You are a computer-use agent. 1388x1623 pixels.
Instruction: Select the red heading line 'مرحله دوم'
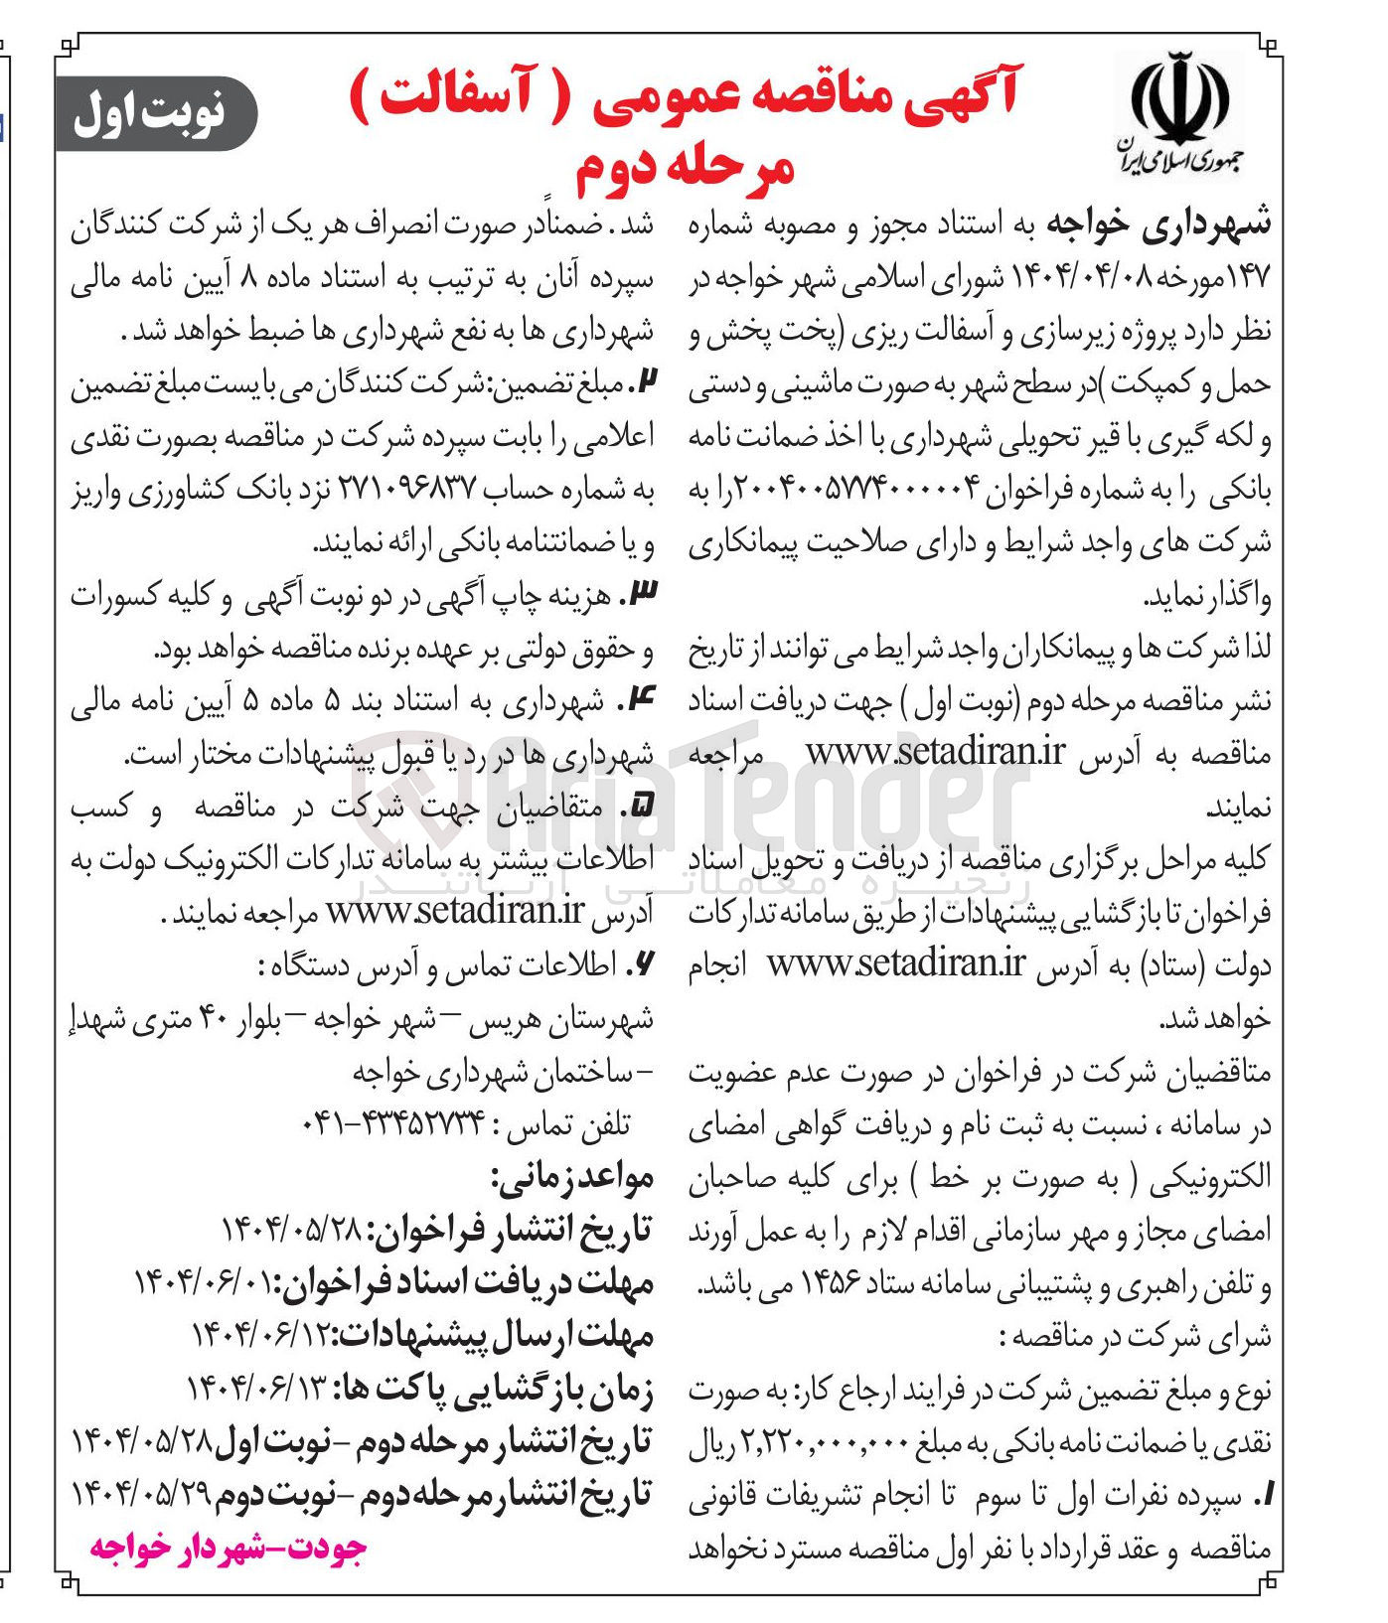(x=686, y=167)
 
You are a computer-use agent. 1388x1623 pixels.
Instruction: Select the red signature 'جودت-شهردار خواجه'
(x=229, y=1548)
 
